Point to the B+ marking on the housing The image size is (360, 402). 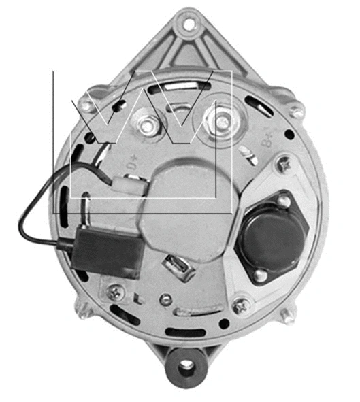click(x=268, y=141)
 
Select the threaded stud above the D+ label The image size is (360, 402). click(x=147, y=126)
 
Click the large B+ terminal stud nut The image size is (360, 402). click(x=222, y=122)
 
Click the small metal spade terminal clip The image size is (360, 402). click(x=178, y=267)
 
